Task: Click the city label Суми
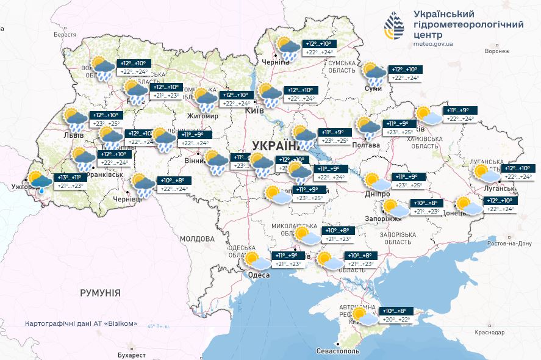click(x=373, y=89)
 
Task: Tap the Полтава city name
click(x=366, y=145)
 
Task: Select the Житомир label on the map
click(x=203, y=116)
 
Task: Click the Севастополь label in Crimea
click(x=339, y=351)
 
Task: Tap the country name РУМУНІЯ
click(x=100, y=293)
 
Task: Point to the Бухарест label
click(x=132, y=355)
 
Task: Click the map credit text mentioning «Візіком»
click(x=81, y=323)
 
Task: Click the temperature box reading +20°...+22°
click(x=396, y=320)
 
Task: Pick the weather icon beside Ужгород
click(x=40, y=181)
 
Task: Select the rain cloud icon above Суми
click(x=374, y=73)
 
